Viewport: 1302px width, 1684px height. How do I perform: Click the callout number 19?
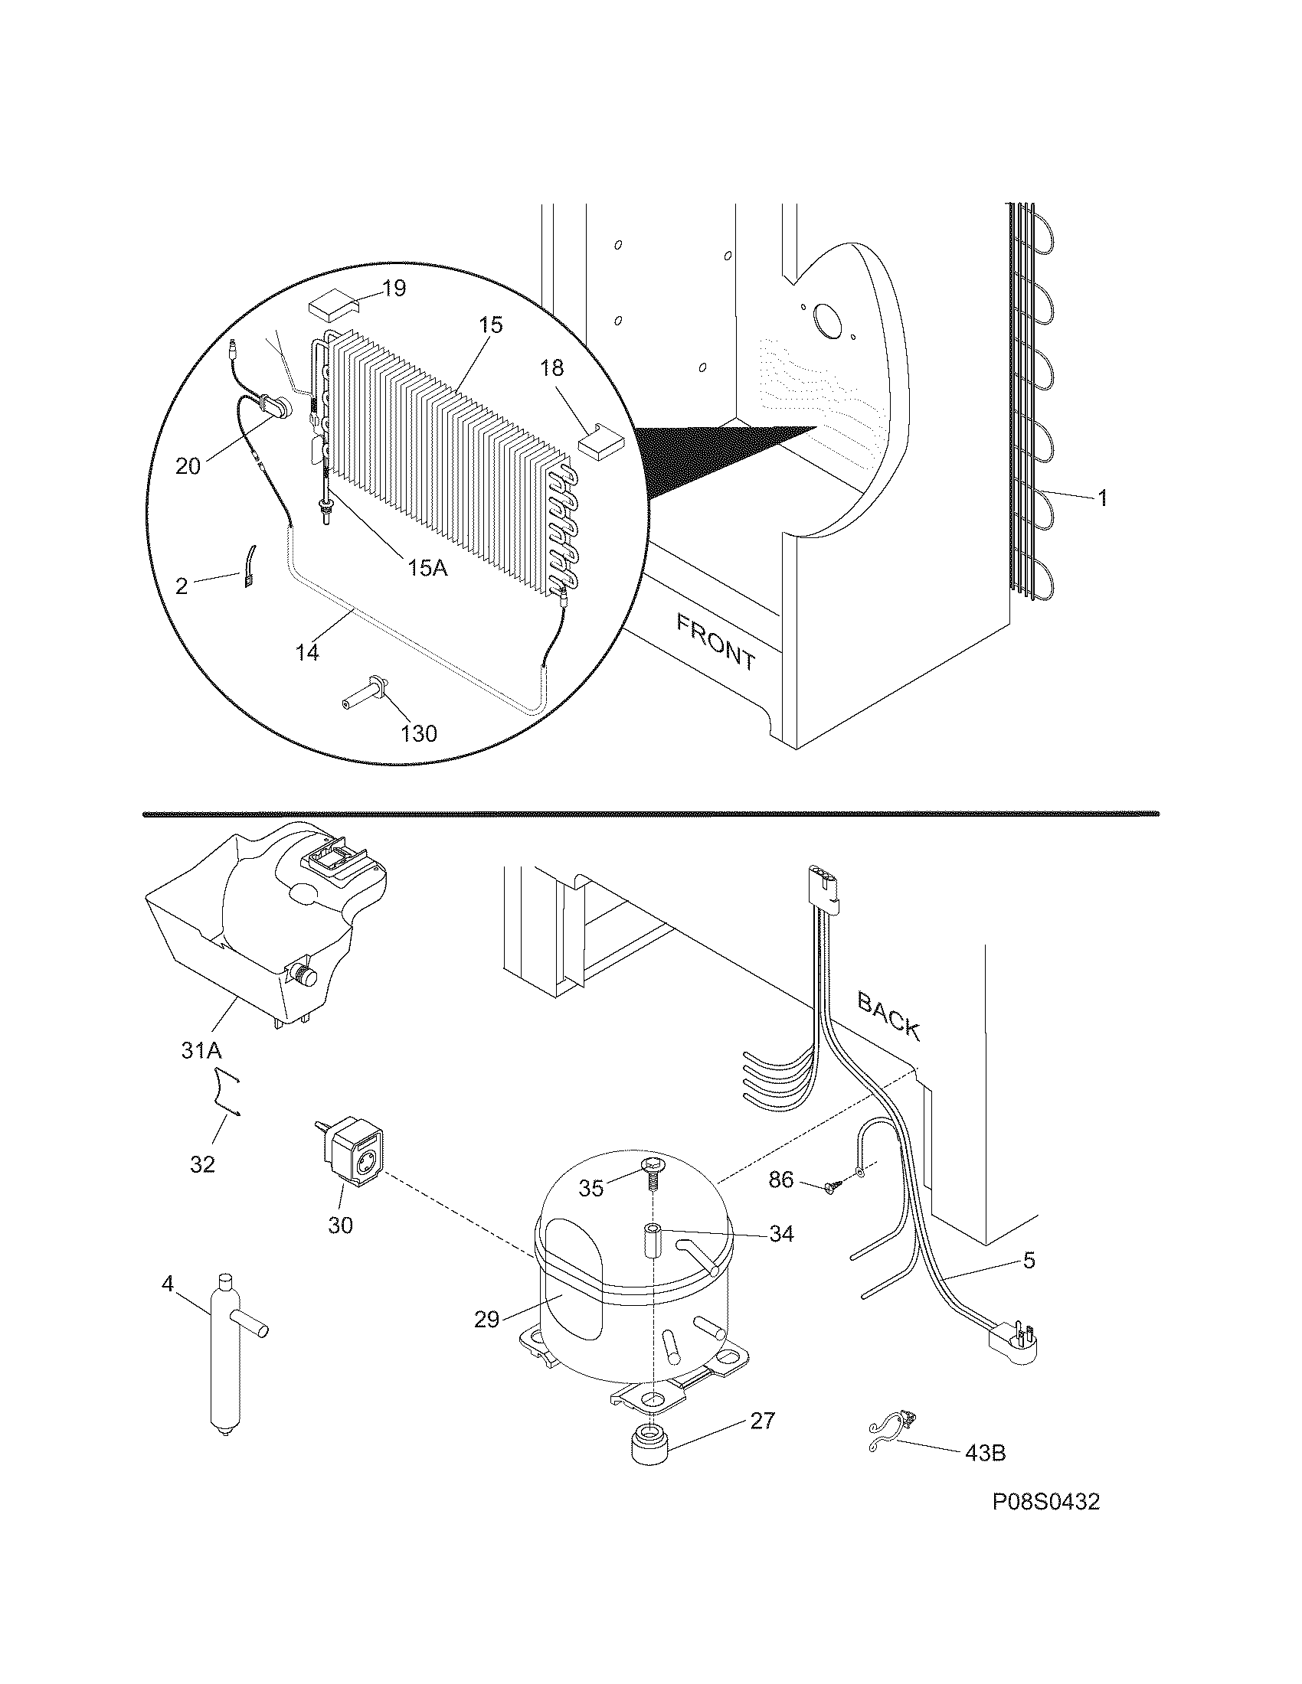click(394, 289)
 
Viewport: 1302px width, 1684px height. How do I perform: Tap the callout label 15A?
click(427, 568)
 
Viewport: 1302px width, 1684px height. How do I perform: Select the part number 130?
click(418, 733)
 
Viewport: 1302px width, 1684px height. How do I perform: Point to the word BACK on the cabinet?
click(888, 1016)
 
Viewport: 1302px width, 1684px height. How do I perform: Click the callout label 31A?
click(204, 1049)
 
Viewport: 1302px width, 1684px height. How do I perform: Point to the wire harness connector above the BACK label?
click(822, 886)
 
